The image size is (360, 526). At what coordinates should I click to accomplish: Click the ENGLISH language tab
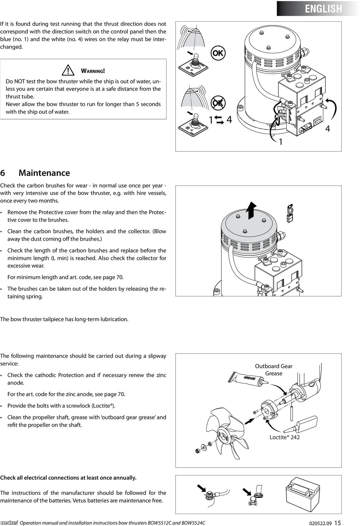[323, 9]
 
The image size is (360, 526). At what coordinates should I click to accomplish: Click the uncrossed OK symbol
[218, 53]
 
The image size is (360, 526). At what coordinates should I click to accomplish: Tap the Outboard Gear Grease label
[274, 370]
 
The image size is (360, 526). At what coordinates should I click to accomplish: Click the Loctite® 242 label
[284, 437]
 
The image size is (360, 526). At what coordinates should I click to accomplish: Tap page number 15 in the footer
[337, 523]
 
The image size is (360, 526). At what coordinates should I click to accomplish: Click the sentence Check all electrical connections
[68, 478]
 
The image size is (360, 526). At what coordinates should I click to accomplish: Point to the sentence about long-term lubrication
[64, 319]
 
